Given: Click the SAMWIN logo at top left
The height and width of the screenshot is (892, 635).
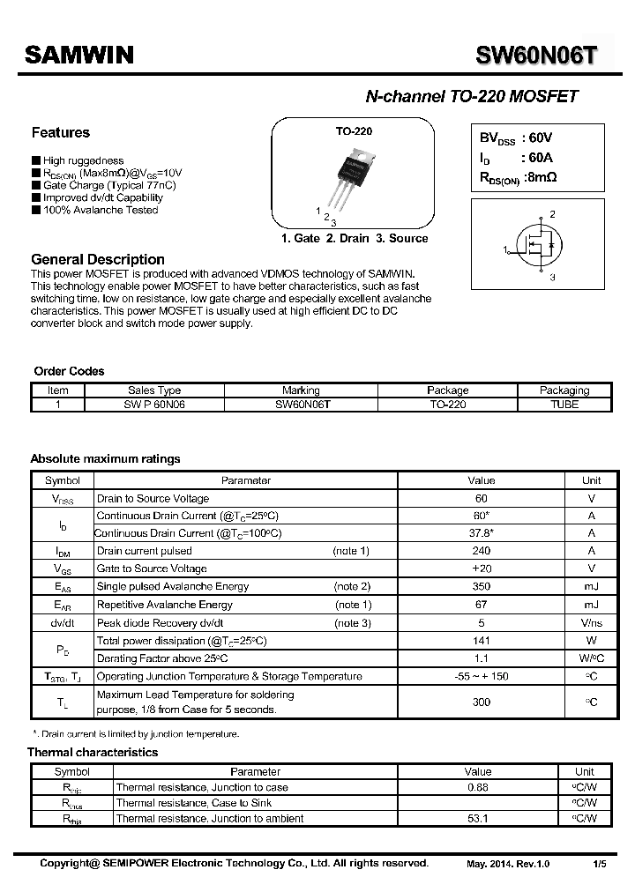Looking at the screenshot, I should [x=78, y=56].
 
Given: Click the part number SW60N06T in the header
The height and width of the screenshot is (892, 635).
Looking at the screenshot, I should [x=536, y=56].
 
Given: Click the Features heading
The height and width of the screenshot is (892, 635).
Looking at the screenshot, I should [x=61, y=133].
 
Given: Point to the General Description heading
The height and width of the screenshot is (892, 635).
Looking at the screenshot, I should [x=98, y=259].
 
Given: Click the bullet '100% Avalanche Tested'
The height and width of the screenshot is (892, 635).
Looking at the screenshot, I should [x=101, y=211].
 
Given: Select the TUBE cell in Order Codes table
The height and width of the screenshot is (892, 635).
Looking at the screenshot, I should [x=564, y=405].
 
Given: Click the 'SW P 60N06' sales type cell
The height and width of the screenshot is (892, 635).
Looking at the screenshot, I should [x=154, y=405].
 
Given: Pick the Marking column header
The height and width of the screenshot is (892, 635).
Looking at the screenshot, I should [x=301, y=390].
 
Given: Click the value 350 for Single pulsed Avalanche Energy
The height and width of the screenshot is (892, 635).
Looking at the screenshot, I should [x=482, y=587].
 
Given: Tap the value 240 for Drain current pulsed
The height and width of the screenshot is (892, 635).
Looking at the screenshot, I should [x=482, y=551].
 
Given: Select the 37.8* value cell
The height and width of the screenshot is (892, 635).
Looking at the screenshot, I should [x=482, y=533].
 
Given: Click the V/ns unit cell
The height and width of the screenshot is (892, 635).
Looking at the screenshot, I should [x=591, y=622].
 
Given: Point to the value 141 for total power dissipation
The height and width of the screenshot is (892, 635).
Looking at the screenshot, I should [x=482, y=641].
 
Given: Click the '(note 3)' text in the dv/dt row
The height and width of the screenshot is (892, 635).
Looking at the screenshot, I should [x=352, y=622].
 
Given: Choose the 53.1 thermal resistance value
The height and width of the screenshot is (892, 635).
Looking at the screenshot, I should [x=477, y=819].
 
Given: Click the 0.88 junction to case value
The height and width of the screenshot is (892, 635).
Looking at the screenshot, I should [x=477, y=787].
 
